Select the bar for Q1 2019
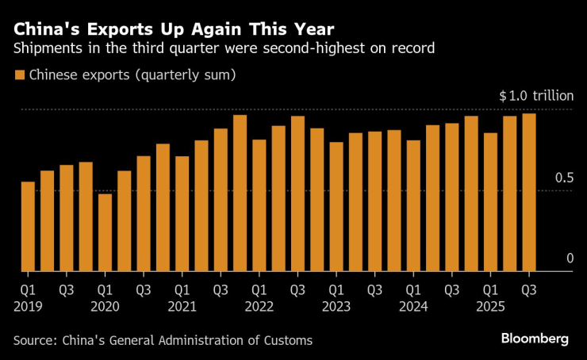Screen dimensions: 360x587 pyautogui.click(x=28, y=227)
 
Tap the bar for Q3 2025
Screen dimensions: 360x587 pyautogui.click(x=528, y=193)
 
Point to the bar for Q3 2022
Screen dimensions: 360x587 pyautogui.click(x=297, y=194)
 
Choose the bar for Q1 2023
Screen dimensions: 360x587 pyautogui.click(x=336, y=207)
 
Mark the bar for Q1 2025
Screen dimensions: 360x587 pyautogui.click(x=490, y=202)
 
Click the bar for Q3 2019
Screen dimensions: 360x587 pyautogui.click(x=67, y=218)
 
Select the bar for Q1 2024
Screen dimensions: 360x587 pyautogui.click(x=413, y=206)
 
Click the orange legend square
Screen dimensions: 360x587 pyautogui.click(x=19, y=76)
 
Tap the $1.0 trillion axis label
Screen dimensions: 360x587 pyautogui.click(x=536, y=96)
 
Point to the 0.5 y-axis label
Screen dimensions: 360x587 pyautogui.click(x=564, y=178)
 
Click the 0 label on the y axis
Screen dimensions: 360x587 pyautogui.click(x=570, y=259)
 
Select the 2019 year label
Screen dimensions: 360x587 pyautogui.click(x=28, y=306)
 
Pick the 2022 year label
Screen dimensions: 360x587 pyautogui.click(x=259, y=306)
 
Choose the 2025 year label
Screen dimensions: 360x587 pyautogui.click(x=490, y=306)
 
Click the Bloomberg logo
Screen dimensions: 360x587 pyautogui.click(x=535, y=339)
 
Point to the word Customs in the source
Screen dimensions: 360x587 pyautogui.click(x=288, y=340)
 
